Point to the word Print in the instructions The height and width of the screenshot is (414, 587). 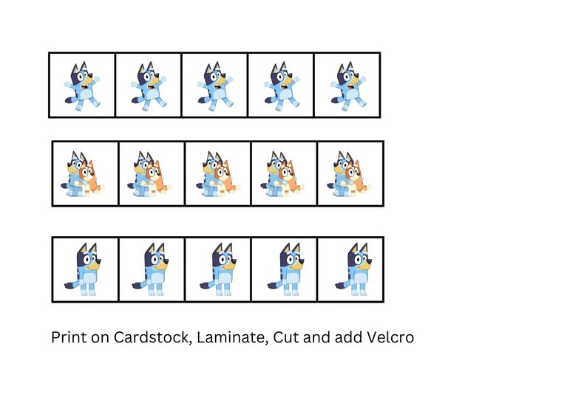pyautogui.click(x=69, y=338)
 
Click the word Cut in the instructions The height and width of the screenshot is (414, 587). pyautogui.click(x=285, y=338)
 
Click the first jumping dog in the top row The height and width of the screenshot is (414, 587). pyautogui.click(x=81, y=86)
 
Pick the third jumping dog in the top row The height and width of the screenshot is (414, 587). pyautogui.click(x=214, y=86)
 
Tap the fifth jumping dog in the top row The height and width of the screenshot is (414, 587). pyautogui.click(x=347, y=86)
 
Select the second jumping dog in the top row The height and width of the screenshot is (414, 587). pyautogui.click(x=148, y=86)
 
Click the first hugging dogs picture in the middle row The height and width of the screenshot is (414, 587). pyautogui.click(x=84, y=174)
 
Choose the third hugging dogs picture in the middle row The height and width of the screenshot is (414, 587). pyautogui.click(x=217, y=174)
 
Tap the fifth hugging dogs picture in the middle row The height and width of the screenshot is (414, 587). pyautogui.click(x=350, y=174)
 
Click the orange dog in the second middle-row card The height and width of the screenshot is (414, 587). pyautogui.click(x=157, y=177)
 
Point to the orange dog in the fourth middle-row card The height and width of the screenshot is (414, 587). pyautogui.click(x=289, y=177)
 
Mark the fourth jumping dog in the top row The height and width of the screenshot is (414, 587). pyautogui.click(x=281, y=86)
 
